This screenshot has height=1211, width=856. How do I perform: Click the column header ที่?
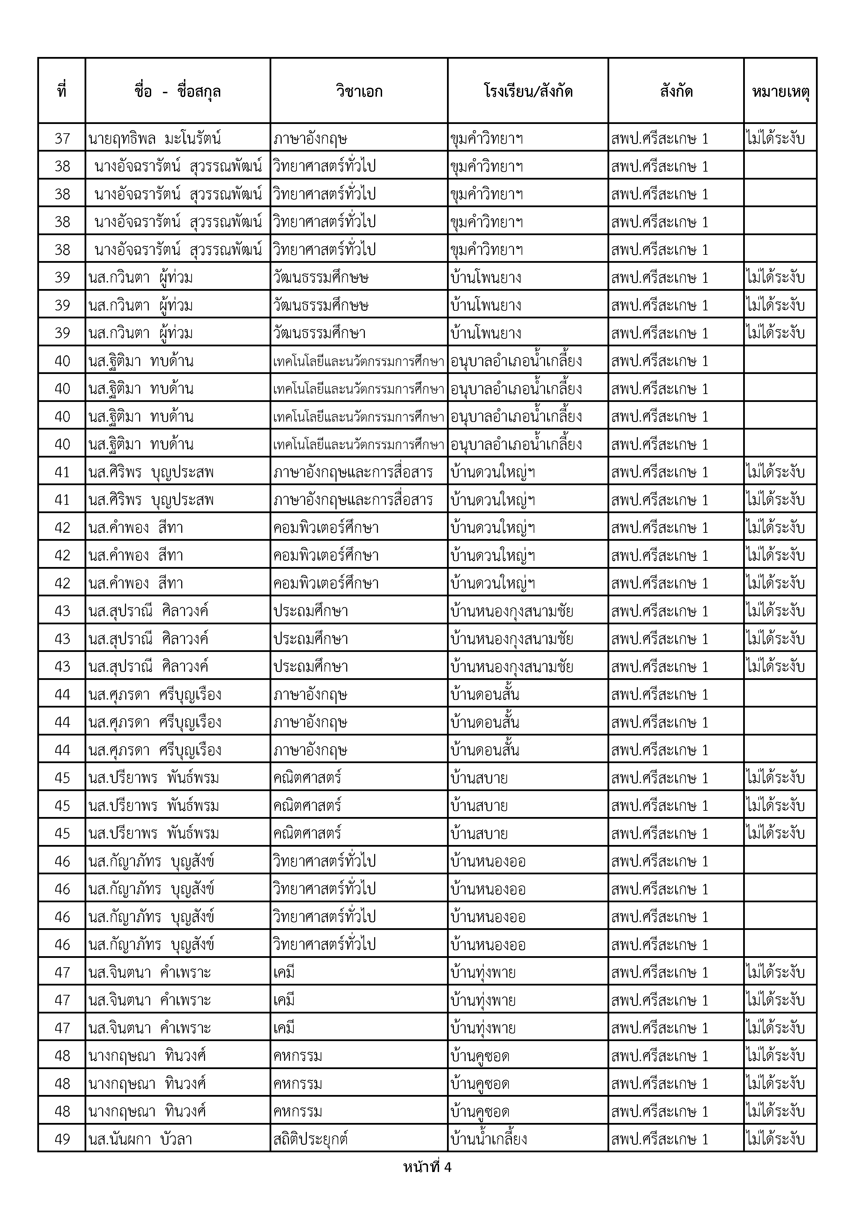tap(62, 91)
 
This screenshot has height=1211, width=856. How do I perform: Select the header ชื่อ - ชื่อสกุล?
tap(178, 91)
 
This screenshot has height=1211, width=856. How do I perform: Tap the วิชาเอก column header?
tap(359, 91)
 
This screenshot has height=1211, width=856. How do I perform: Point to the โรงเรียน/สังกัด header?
tap(528, 91)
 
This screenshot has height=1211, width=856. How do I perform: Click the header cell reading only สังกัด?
tap(676, 91)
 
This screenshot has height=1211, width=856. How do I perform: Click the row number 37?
tap(62, 138)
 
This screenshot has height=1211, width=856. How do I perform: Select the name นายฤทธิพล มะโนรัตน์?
tap(155, 138)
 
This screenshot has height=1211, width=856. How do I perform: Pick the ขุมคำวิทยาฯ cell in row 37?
tap(487, 138)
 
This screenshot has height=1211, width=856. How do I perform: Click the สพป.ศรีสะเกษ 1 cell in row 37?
tap(659, 138)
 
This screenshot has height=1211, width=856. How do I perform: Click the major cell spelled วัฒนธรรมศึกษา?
tap(319, 333)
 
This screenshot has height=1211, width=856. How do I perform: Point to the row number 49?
tap(62, 1139)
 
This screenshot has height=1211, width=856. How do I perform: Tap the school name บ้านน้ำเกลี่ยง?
tap(489, 1139)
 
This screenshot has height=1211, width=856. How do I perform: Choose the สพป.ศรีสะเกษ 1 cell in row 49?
tap(659, 1139)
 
